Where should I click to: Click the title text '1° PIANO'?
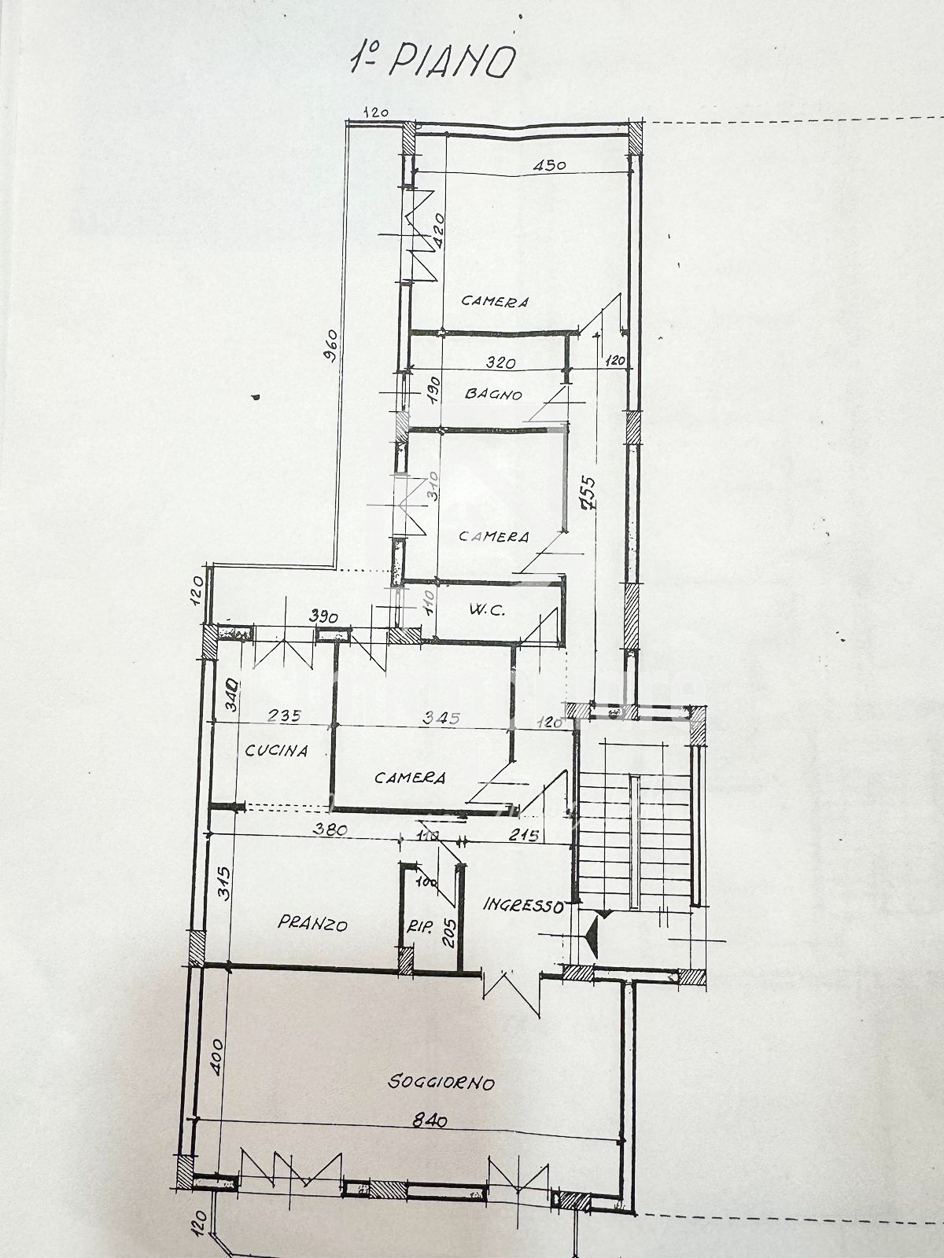coord(433,61)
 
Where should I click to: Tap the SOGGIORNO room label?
coord(441,1083)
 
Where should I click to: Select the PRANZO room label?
coord(312,923)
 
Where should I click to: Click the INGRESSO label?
coord(523,905)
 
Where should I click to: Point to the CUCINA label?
coord(276,750)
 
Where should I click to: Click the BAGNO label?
coord(493,393)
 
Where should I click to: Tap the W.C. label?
coord(487,609)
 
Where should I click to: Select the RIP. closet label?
coord(420,927)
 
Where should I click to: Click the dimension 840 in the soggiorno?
coord(430,1120)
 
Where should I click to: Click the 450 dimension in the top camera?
coord(549,165)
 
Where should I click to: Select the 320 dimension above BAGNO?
coord(500,362)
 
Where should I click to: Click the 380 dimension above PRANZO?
coord(330,828)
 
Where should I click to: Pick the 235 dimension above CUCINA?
coord(284,715)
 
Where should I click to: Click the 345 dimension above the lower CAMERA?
coord(441,717)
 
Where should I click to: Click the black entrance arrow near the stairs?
coord(594,936)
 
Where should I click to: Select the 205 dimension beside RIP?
coord(449,932)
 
